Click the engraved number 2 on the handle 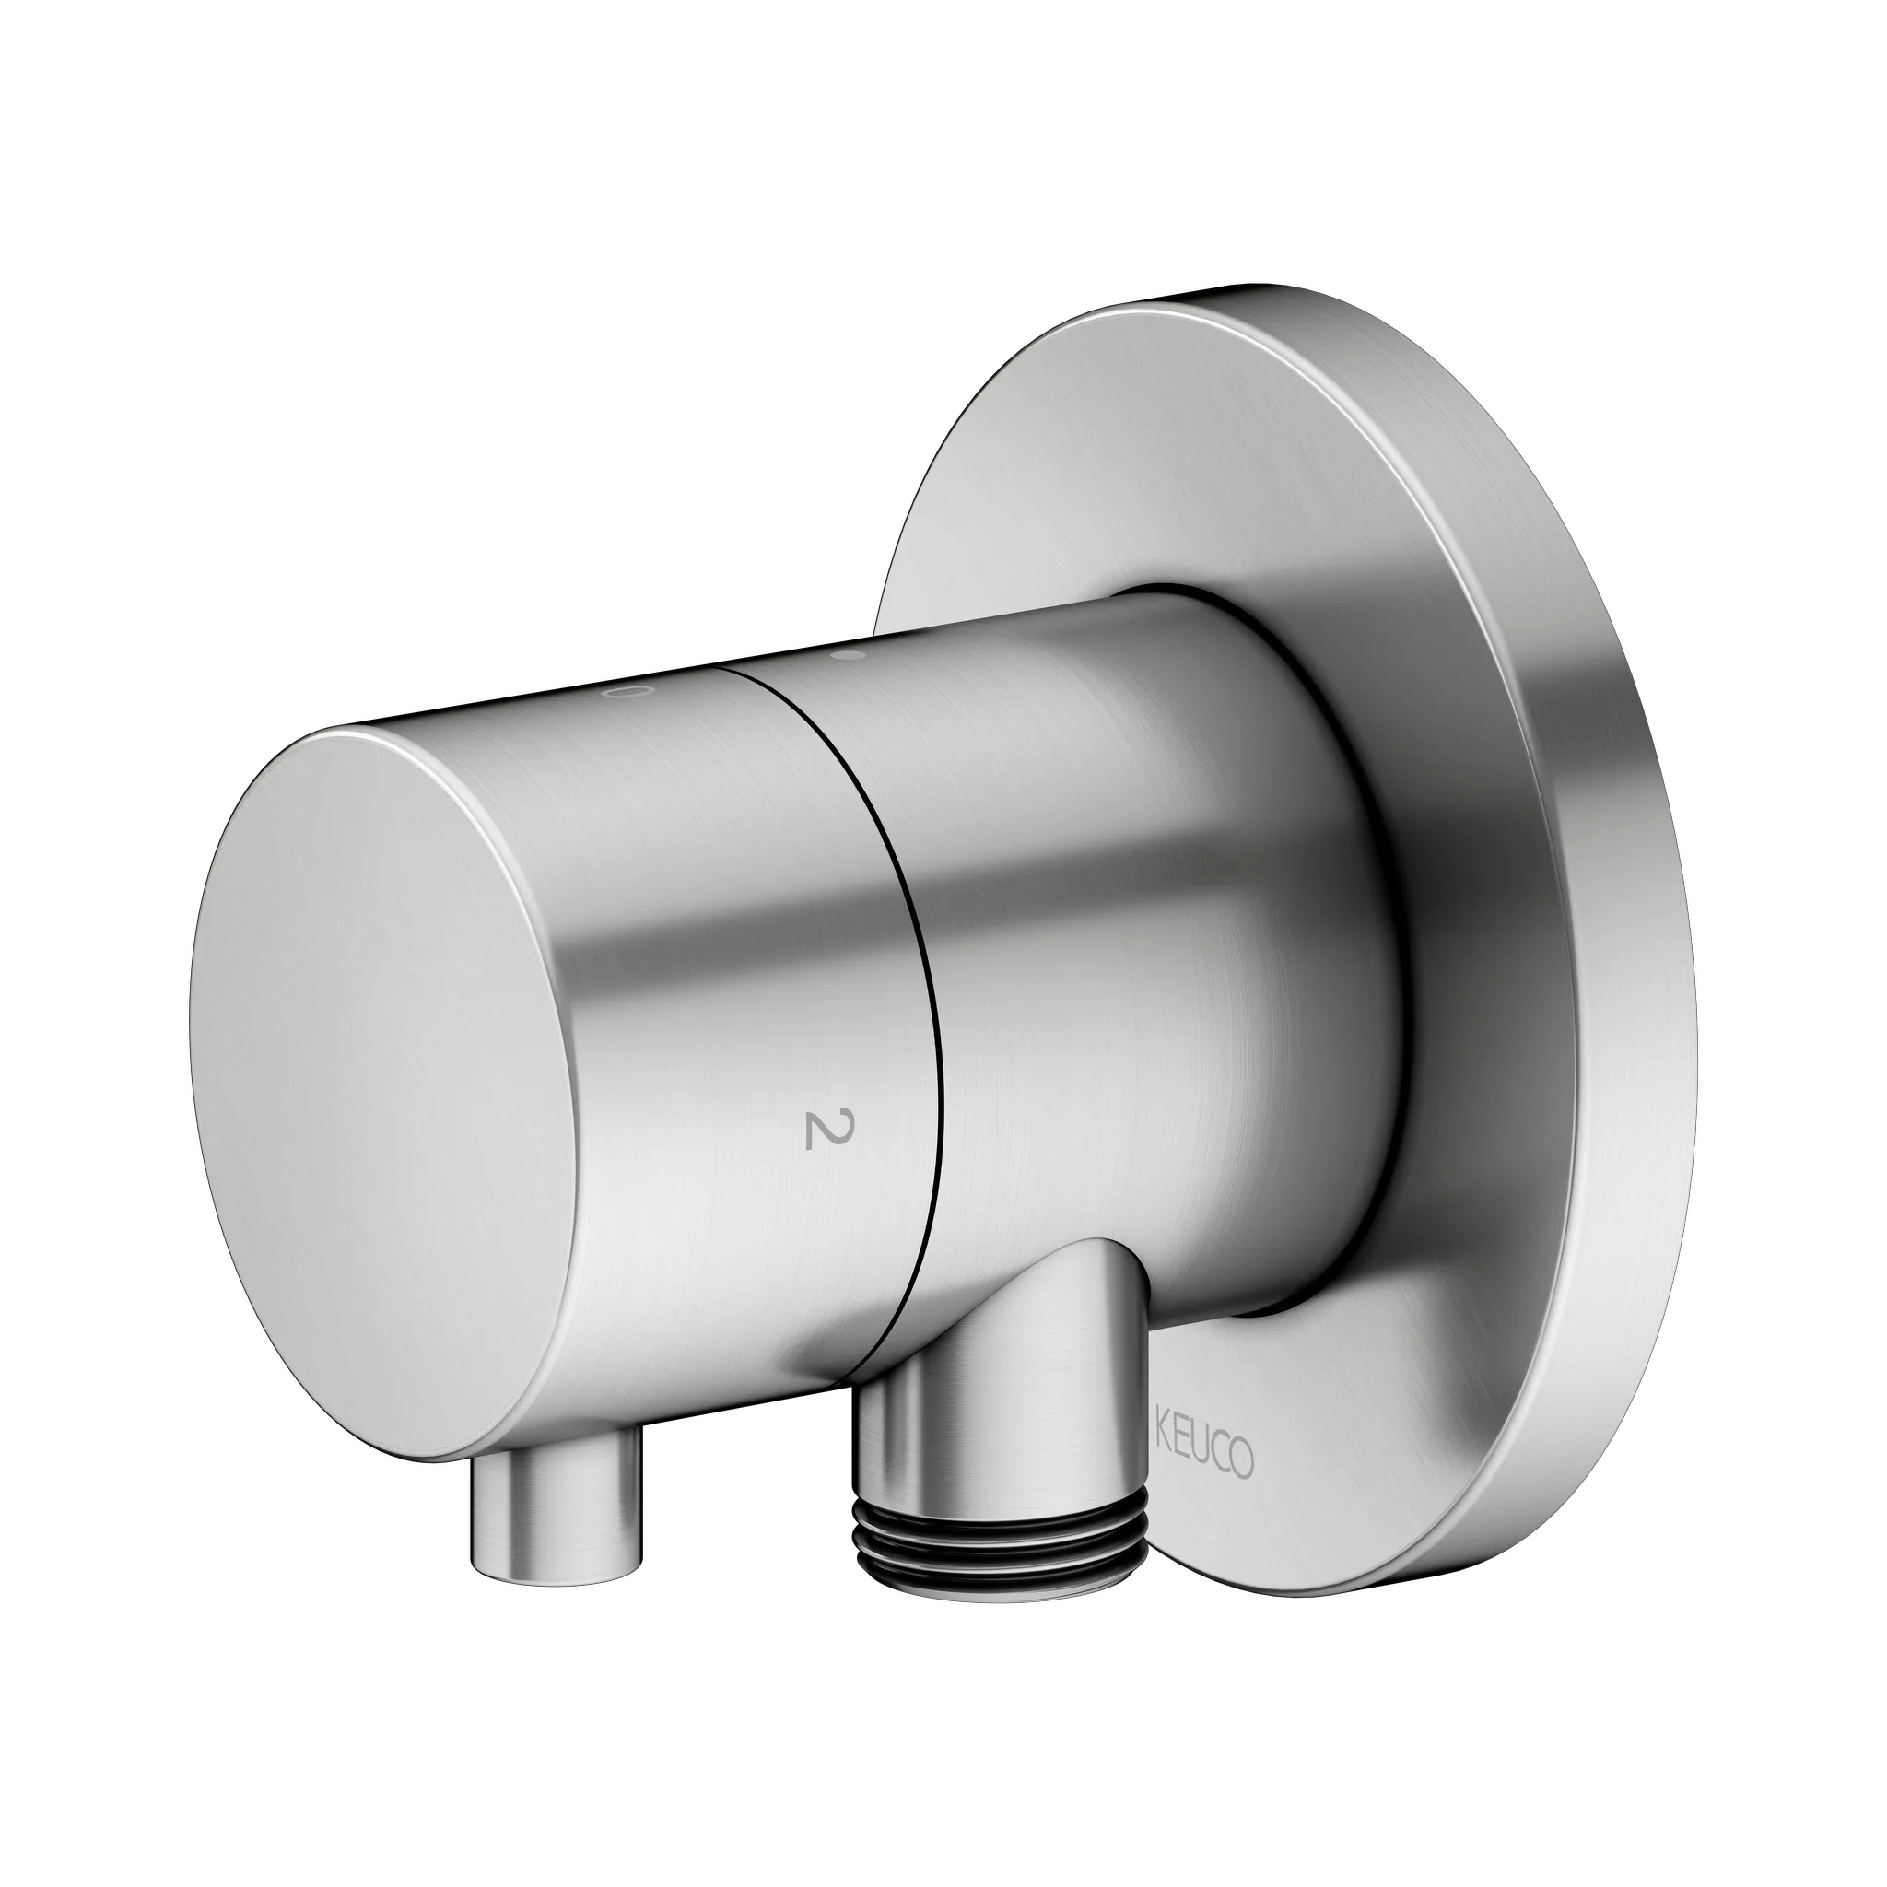815,1129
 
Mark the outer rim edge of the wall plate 1650,977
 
